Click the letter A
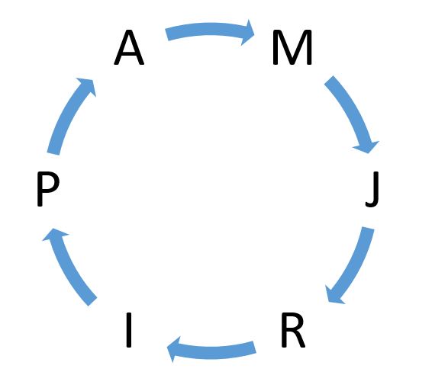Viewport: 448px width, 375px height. [x=129, y=47]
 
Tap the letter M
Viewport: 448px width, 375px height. [x=292, y=47]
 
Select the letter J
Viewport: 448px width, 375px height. [x=372, y=189]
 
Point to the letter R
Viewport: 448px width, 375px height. [x=293, y=330]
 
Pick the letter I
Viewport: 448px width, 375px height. [x=129, y=330]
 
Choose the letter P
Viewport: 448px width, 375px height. [x=48, y=189]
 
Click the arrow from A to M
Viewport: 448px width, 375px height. [x=210, y=30]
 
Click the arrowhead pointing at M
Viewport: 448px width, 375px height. [x=248, y=33]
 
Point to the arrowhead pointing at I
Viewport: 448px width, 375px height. [x=174, y=349]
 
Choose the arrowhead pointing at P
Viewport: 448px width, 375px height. [x=53, y=235]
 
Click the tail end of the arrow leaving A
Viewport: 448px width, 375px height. [x=167, y=35]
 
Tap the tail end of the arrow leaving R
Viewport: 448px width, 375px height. [x=255, y=347]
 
